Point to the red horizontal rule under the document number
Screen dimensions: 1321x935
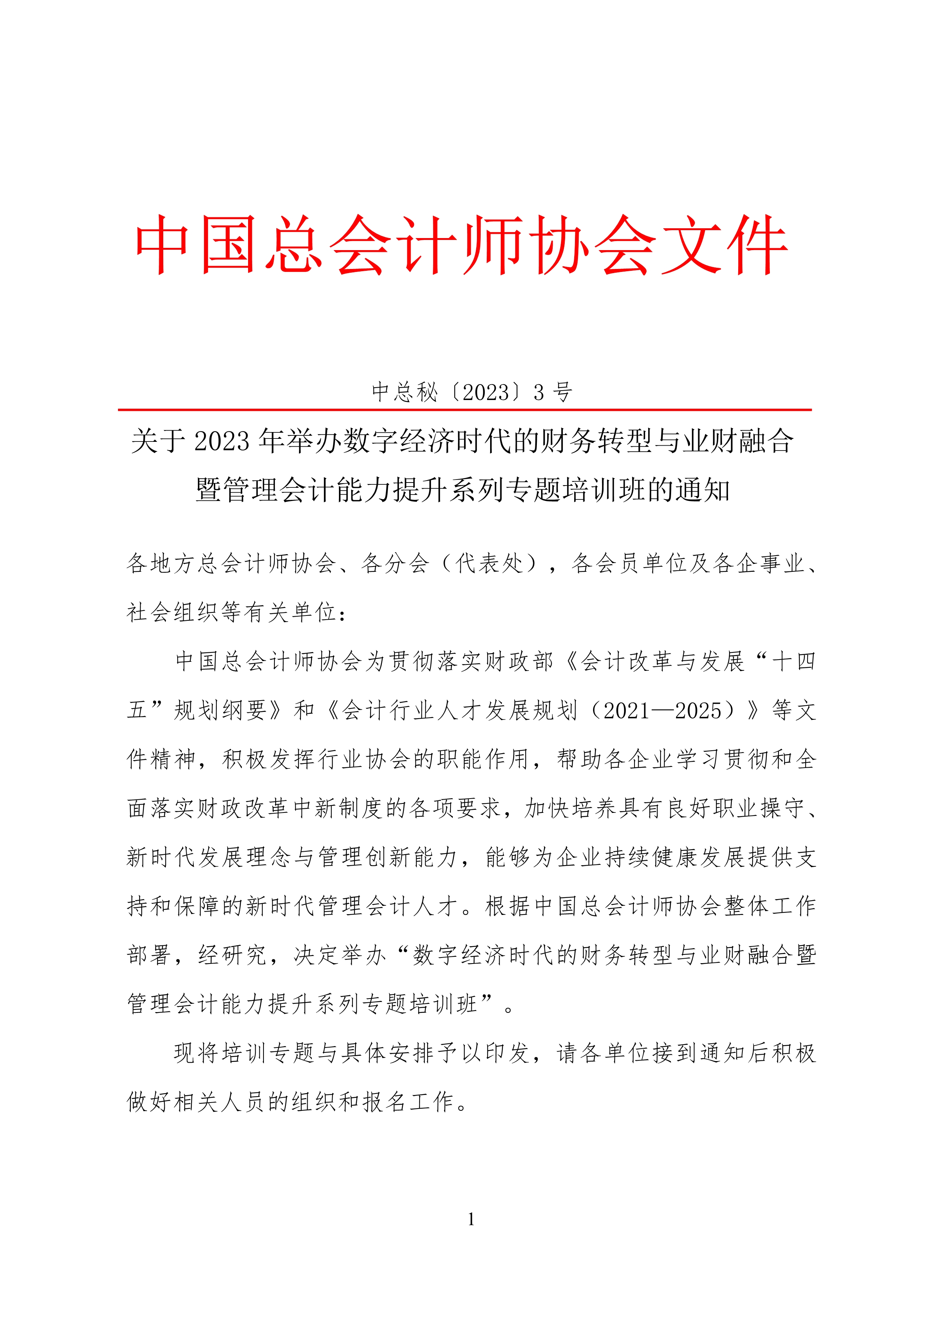[x=464, y=410]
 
